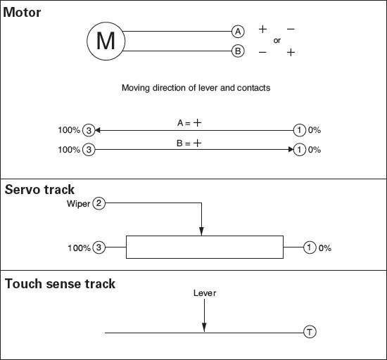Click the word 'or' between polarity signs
click(277, 41)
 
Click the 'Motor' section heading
click(22, 13)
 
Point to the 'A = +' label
click(189, 122)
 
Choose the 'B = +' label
click(189, 143)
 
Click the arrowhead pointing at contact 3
click(98, 130)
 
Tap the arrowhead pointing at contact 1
click(291, 150)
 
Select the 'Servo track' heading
click(39, 190)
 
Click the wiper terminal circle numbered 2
click(99, 203)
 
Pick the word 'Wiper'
click(79, 204)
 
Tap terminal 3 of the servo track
click(99, 247)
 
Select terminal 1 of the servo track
click(310, 247)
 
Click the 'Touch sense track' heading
click(60, 284)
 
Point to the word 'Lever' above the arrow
click(205, 293)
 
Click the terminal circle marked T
click(310, 332)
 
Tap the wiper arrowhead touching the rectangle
click(201, 231)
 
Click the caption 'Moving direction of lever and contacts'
click(196, 88)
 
